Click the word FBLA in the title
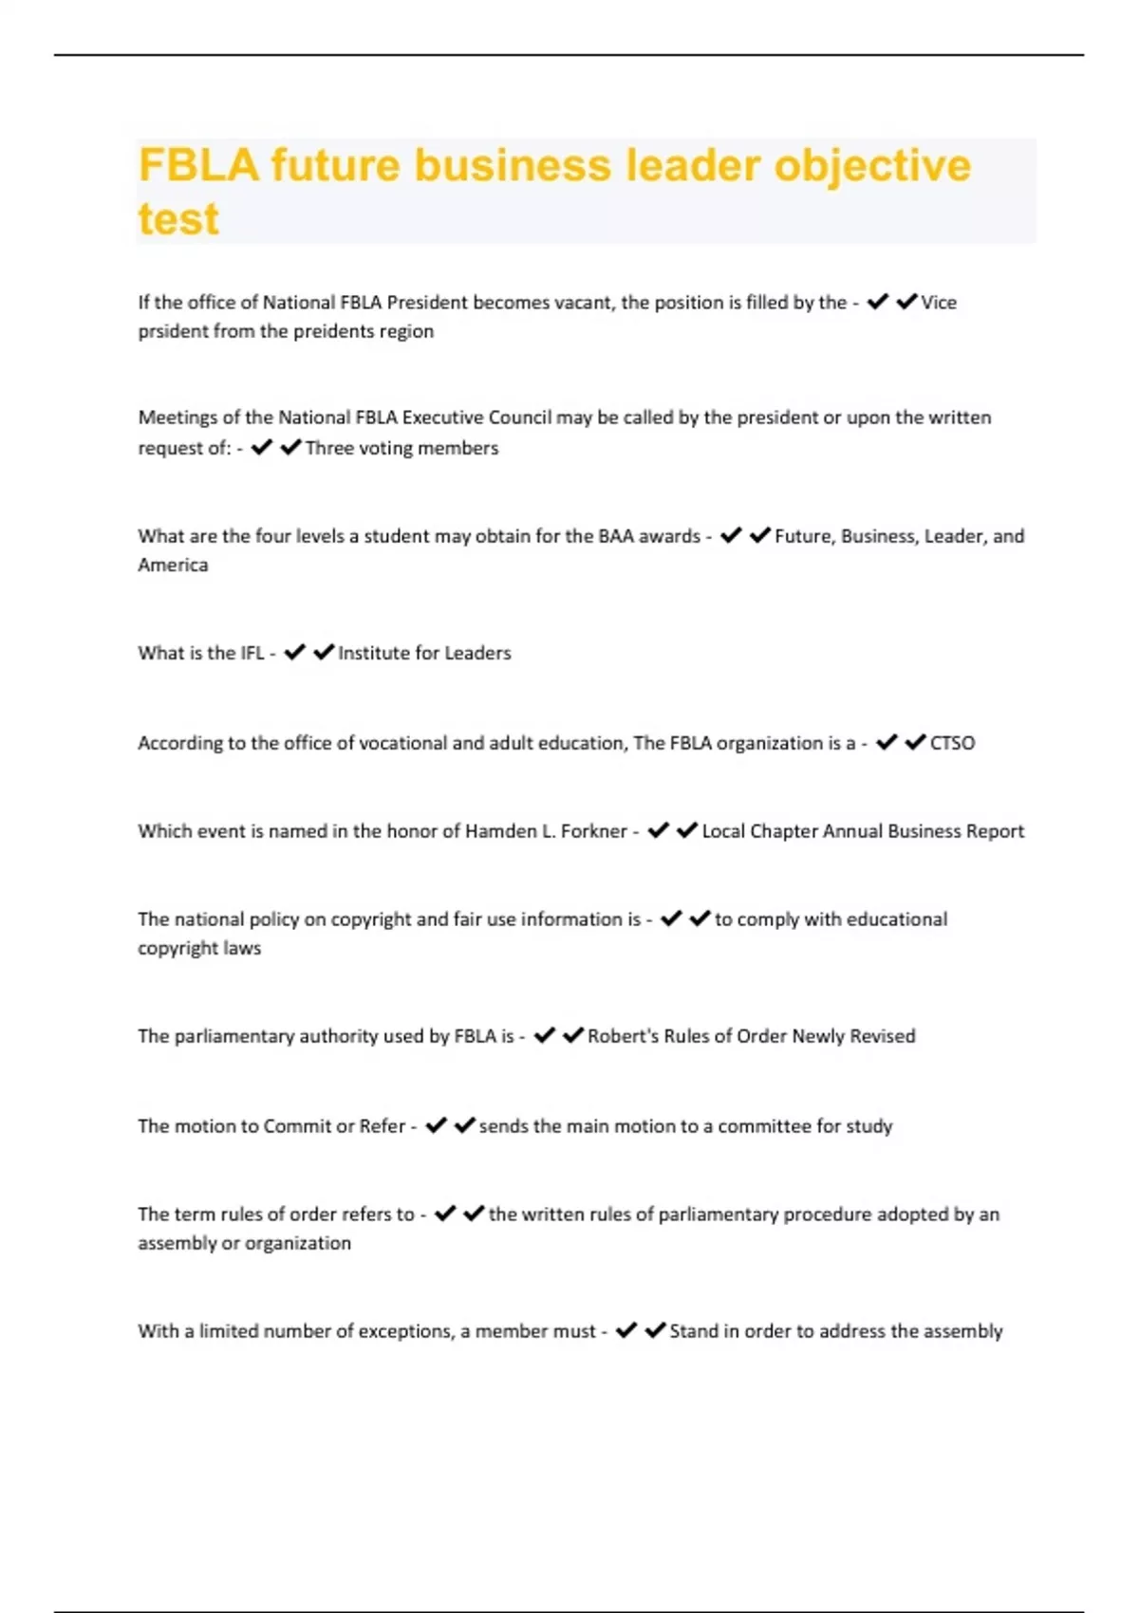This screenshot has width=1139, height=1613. point(198,165)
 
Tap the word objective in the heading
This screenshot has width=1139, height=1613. point(872,165)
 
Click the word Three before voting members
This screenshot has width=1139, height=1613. point(329,448)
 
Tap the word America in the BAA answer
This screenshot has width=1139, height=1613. point(173,565)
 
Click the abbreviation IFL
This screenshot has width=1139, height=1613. point(252,653)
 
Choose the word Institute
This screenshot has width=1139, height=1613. point(374,653)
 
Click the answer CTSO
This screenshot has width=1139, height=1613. point(952,743)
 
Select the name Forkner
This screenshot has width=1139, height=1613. point(593,831)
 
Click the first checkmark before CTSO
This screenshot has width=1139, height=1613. point(887,742)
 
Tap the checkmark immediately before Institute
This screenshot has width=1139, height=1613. point(324,652)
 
